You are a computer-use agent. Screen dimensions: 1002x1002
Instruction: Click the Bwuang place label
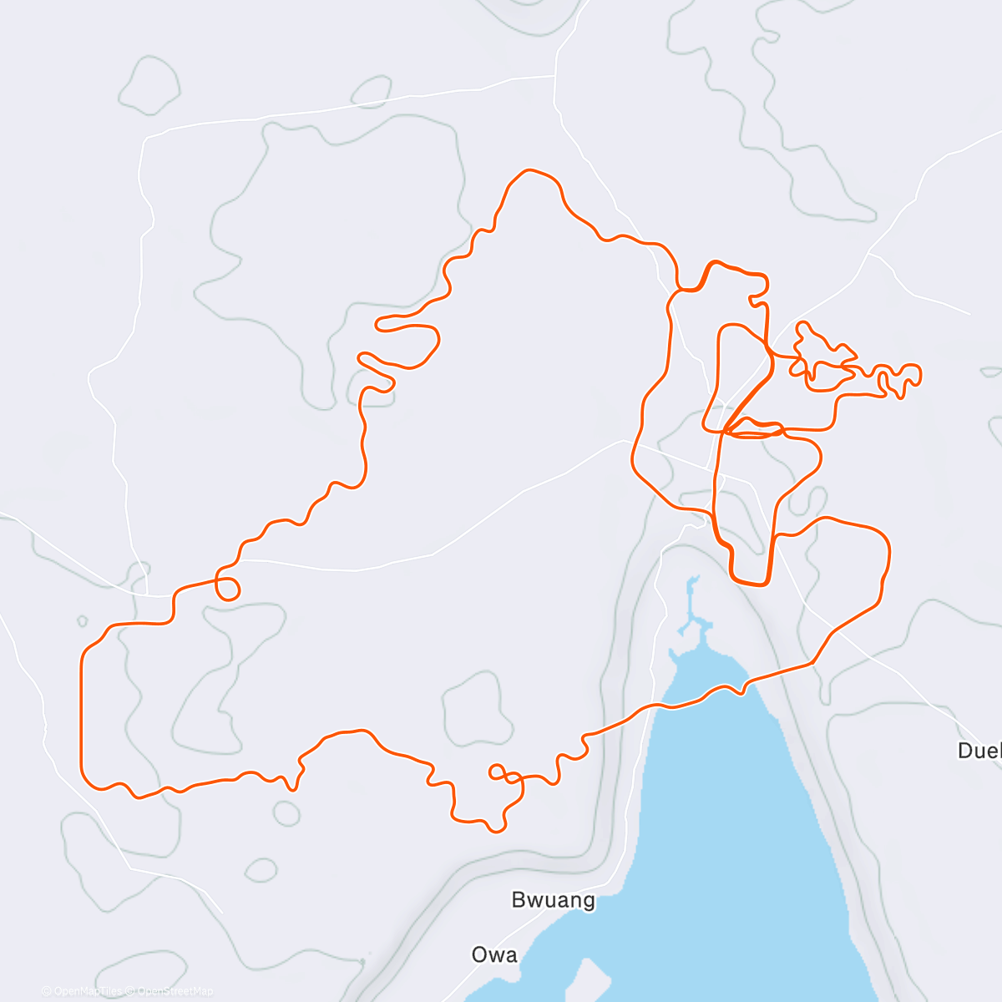click(553, 900)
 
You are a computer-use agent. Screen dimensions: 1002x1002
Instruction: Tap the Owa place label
click(494, 955)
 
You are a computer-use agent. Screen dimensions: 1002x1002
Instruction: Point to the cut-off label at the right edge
click(980, 751)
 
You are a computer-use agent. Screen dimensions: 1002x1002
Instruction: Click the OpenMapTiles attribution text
click(83, 991)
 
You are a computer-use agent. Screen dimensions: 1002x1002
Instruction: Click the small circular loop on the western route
click(227, 588)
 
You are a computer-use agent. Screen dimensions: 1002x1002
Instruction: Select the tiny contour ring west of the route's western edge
click(82, 621)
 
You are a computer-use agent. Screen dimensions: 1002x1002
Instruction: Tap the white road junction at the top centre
click(556, 76)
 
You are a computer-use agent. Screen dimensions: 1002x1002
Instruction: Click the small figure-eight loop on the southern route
click(498, 773)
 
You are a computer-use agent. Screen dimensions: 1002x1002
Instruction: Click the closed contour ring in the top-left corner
click(150, 83)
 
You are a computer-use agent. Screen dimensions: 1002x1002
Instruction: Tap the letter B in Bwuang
click(519, 900)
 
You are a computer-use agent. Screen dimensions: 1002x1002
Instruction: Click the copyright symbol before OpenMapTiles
click(46, 991)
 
